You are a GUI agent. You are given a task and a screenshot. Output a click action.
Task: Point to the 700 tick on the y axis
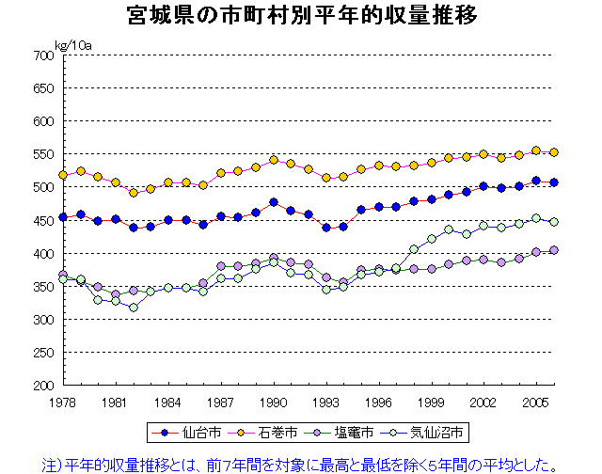[41, 55]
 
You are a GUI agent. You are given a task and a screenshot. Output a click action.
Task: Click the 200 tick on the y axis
[41, 385]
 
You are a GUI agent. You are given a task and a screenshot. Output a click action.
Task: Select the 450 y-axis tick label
[41, 220]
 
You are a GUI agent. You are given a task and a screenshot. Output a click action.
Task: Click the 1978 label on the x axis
[63, 401]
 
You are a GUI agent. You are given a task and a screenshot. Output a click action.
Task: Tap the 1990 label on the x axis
[274, 401]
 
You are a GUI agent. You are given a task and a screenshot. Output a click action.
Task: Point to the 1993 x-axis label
[326, 401]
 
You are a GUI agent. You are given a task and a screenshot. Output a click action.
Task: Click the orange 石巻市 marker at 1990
[274, 160]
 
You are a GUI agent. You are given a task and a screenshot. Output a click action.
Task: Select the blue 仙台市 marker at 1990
[274, 202]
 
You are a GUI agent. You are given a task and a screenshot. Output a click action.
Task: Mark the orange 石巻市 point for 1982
[134, 192]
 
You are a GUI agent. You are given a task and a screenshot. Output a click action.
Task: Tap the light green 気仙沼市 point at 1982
[134, 308]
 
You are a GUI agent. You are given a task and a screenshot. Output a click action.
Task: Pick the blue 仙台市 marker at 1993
[326, 228]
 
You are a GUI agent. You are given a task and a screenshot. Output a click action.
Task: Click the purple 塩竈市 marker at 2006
[554, 250]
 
